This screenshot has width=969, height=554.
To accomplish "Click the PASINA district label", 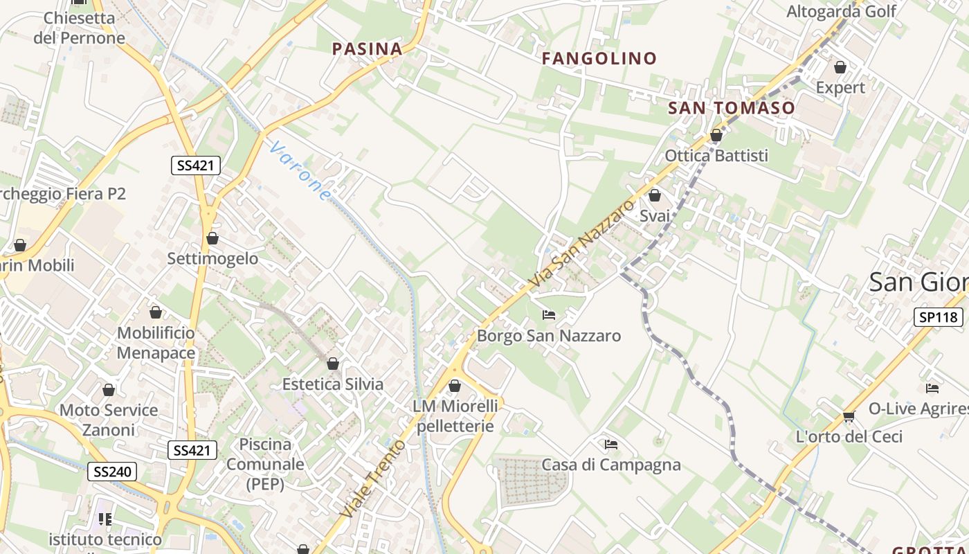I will point(367,48).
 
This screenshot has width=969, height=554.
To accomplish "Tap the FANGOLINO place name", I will point(599,59).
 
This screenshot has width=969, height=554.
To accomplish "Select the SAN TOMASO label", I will point(732,108).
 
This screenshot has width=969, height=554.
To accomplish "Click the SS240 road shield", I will point(112,472).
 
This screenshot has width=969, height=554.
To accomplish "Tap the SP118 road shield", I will point(938,317).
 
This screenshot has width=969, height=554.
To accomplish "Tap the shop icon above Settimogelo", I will point(212,238).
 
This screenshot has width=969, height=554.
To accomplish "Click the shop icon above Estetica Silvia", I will point(333,364).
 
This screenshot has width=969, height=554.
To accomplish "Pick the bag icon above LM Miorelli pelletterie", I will point(455,386).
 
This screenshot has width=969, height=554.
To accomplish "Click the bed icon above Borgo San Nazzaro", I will point(549,315).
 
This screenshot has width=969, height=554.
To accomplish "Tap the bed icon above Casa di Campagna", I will point(610,444).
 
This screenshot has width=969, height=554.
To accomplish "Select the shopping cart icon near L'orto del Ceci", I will point(849,416).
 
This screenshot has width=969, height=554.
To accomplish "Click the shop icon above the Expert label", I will point(840,67).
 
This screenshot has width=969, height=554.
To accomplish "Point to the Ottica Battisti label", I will point(716,155).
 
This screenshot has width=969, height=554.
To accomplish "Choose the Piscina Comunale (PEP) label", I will point(265,464).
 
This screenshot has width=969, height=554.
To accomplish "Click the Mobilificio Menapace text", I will point(156,343).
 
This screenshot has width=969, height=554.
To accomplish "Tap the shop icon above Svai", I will point(654,195).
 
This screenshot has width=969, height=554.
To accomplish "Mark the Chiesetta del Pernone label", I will point(79,28).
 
